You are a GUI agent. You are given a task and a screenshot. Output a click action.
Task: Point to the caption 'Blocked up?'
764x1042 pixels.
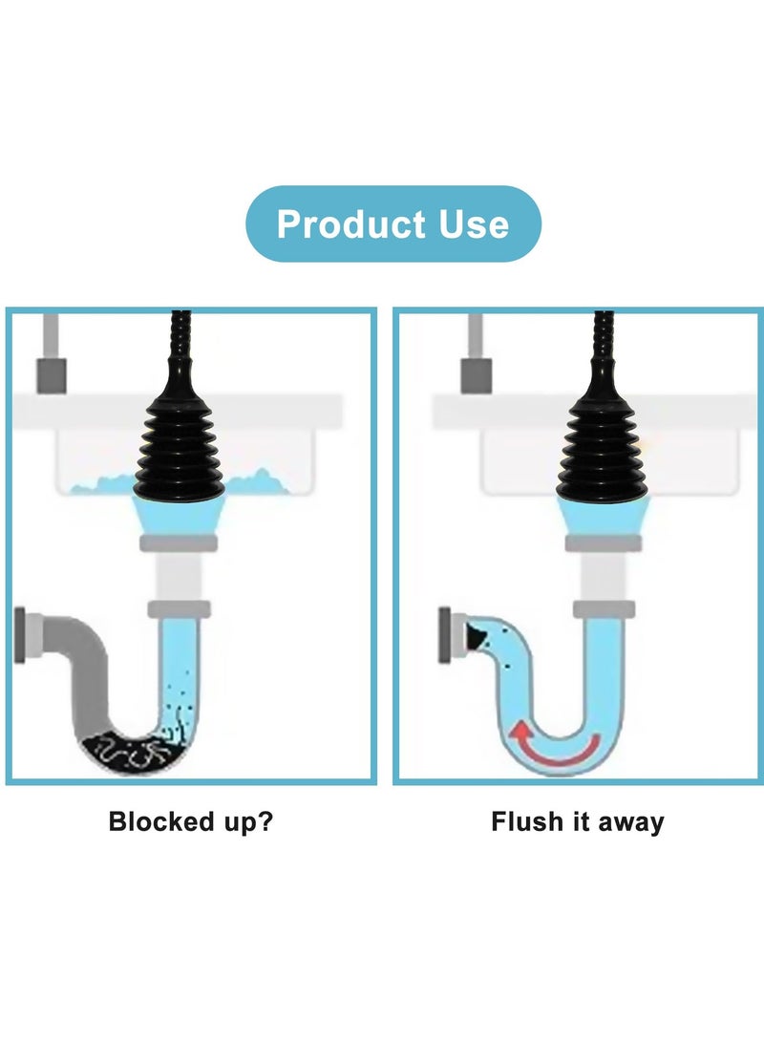[190, 821]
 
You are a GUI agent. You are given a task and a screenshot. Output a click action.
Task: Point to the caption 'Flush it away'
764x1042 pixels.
[578, 821]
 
